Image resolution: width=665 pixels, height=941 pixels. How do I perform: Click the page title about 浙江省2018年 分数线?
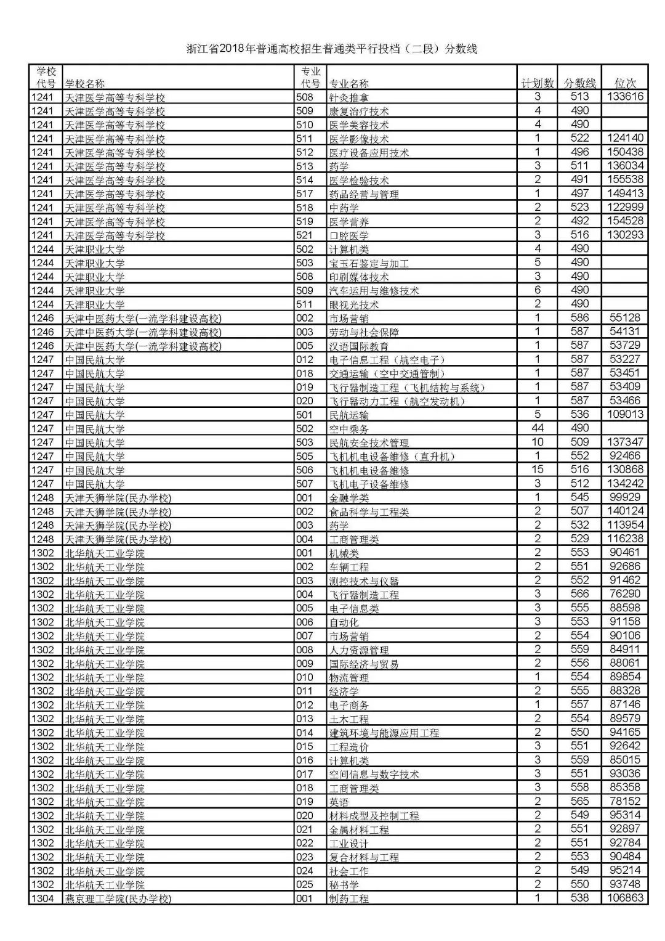332,49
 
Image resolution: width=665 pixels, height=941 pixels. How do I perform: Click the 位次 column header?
625,83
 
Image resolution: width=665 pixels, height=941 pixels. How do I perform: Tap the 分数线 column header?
579,83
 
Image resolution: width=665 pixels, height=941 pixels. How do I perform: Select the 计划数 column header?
538,83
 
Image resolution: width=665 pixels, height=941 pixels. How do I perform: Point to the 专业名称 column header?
349,84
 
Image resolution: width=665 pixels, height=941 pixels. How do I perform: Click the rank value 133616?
625,97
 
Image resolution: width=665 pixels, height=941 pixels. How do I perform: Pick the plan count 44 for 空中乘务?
538,428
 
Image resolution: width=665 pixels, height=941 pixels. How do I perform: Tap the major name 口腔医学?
349,235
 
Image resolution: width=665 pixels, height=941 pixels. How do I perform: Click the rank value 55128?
625,318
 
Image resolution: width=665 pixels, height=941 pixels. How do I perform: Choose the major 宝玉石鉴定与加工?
369,263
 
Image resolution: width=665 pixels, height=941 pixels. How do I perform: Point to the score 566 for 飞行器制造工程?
579,594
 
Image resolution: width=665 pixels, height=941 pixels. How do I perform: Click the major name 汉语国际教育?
359,346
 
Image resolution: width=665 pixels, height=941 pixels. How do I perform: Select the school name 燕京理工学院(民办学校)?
118,898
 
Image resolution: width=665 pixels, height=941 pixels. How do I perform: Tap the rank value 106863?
625,898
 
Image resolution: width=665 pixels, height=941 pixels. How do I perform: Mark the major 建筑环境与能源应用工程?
384,733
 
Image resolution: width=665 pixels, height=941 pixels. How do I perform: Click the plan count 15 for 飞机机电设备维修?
538,470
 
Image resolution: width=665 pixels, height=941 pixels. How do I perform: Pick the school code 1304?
43,898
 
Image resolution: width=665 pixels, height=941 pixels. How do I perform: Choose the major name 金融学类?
349,498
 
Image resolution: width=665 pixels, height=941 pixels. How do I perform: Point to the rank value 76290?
625,594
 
